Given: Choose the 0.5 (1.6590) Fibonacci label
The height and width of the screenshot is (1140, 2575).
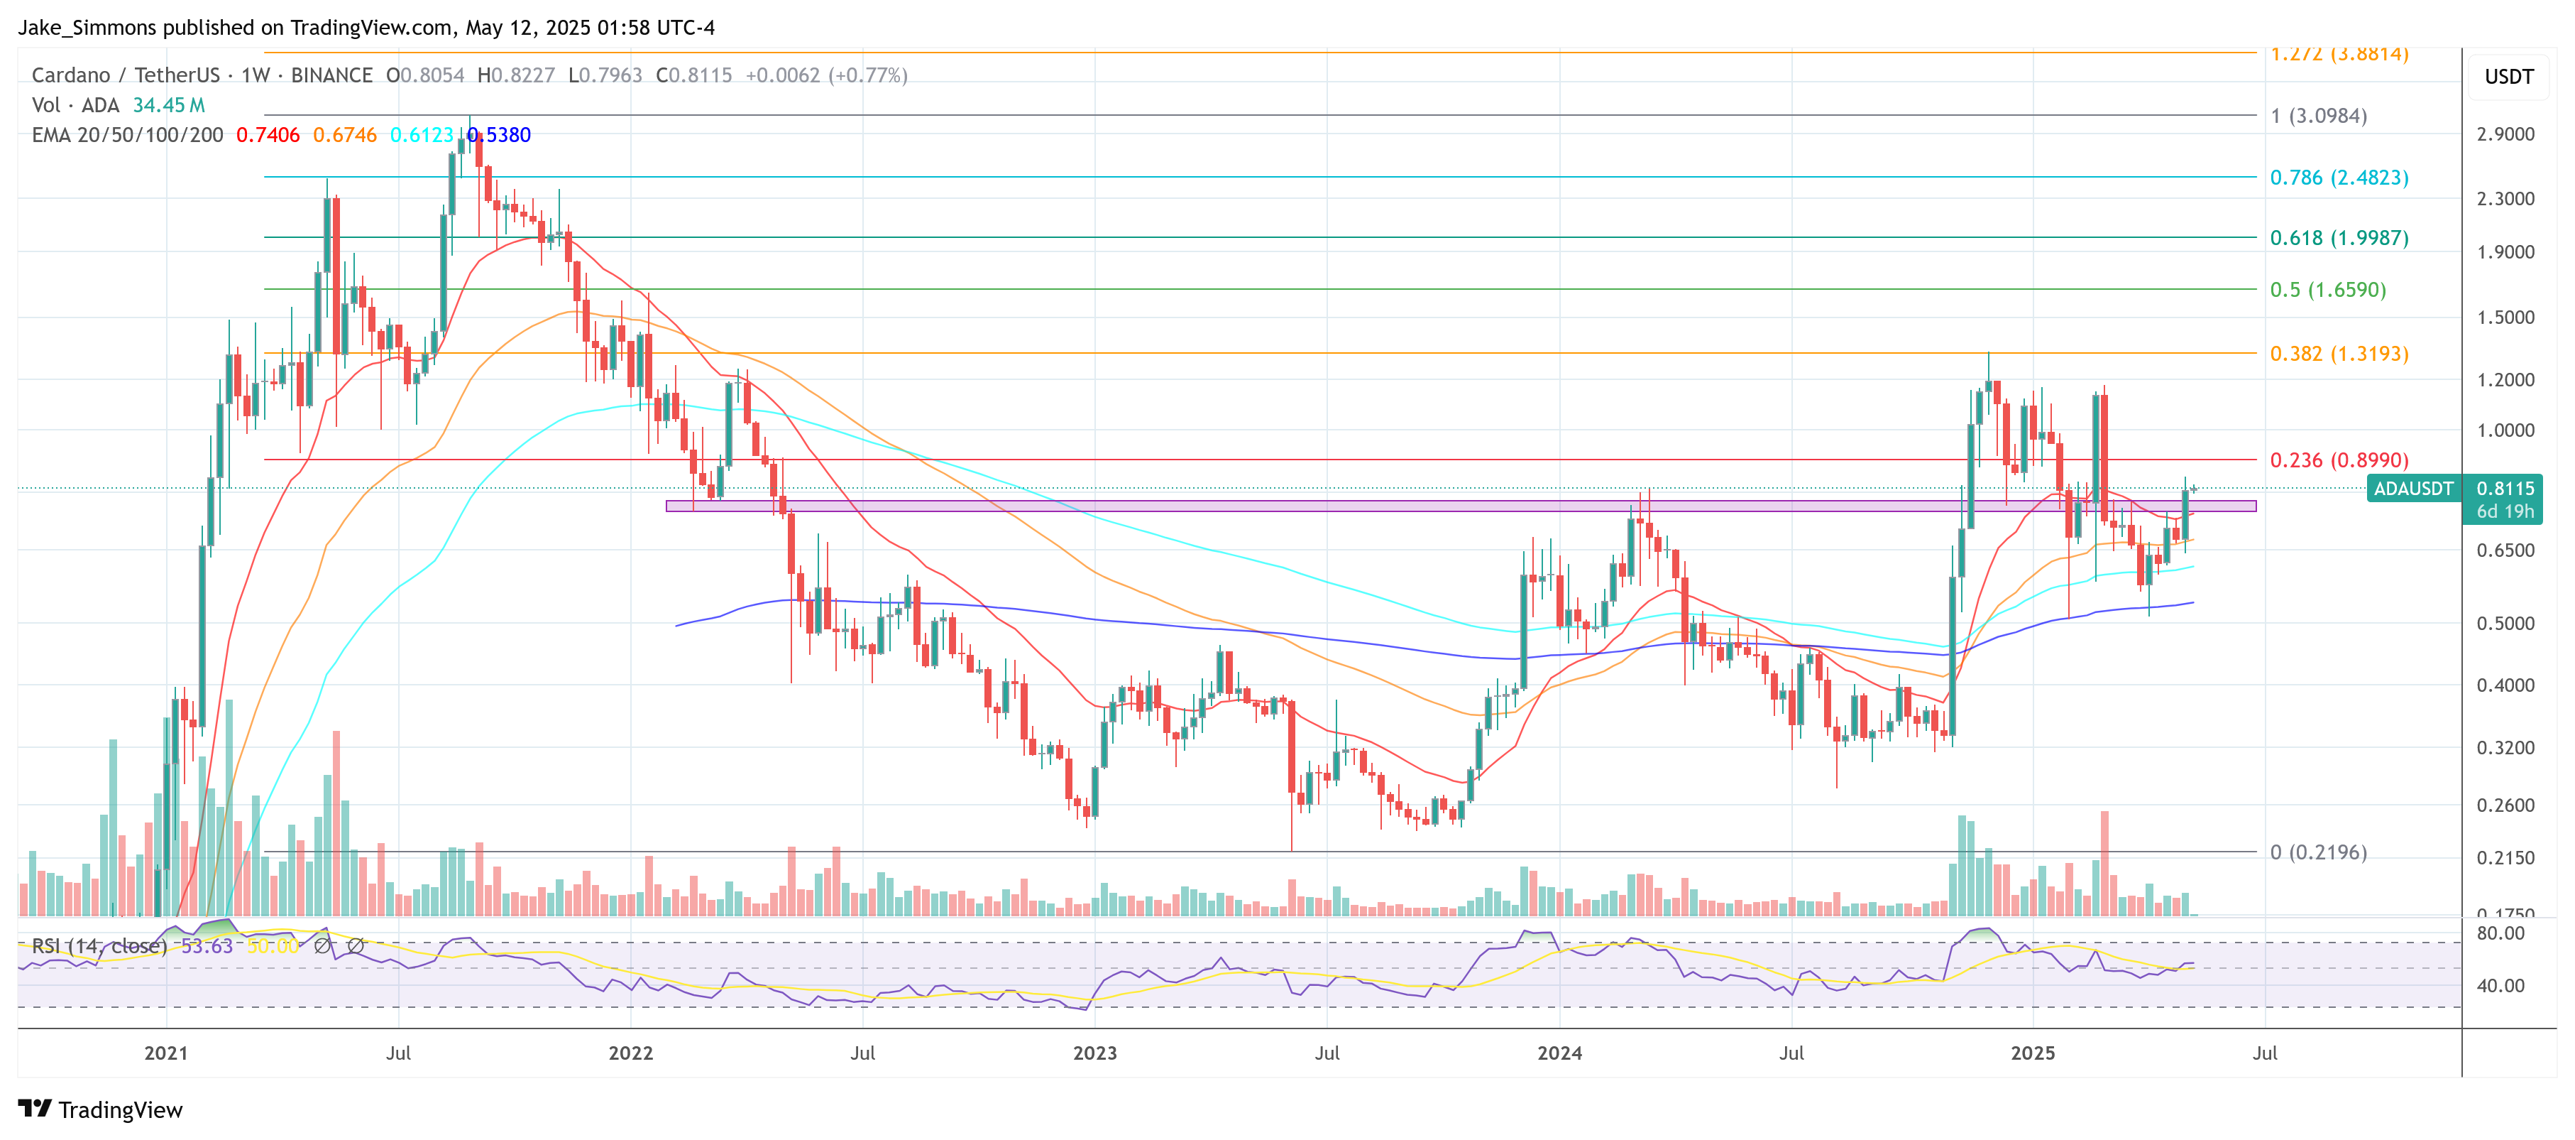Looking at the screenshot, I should click(x=2327, y=290).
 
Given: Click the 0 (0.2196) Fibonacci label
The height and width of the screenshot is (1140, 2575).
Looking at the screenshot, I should click(x=2317, y=853).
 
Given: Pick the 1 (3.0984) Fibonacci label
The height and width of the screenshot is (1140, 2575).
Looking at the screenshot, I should click(x=2317, y=116).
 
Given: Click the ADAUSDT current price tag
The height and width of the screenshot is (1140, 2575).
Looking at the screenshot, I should click(x=2413, y=489).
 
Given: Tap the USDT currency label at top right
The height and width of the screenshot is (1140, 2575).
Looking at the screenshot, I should click(x=2508, y=77).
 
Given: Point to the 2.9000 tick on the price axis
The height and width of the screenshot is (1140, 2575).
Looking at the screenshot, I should click(x=2504, y=134).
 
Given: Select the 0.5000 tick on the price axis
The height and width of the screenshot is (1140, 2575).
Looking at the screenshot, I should click(x=2504, y=623).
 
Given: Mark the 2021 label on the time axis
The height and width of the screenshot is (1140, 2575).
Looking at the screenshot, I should click(x=166, y=1053).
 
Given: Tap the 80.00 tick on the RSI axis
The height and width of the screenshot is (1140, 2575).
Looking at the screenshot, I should click(x=2500, y=933).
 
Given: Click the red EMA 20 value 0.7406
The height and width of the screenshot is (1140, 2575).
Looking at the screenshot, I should click(x=267, y=135).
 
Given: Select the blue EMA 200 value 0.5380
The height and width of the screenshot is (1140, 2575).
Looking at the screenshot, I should click(x=499, y=135).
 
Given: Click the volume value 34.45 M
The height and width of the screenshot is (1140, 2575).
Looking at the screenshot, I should click(x=168, y=105).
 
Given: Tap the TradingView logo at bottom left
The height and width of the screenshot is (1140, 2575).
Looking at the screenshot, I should click(x=100, y=1110).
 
